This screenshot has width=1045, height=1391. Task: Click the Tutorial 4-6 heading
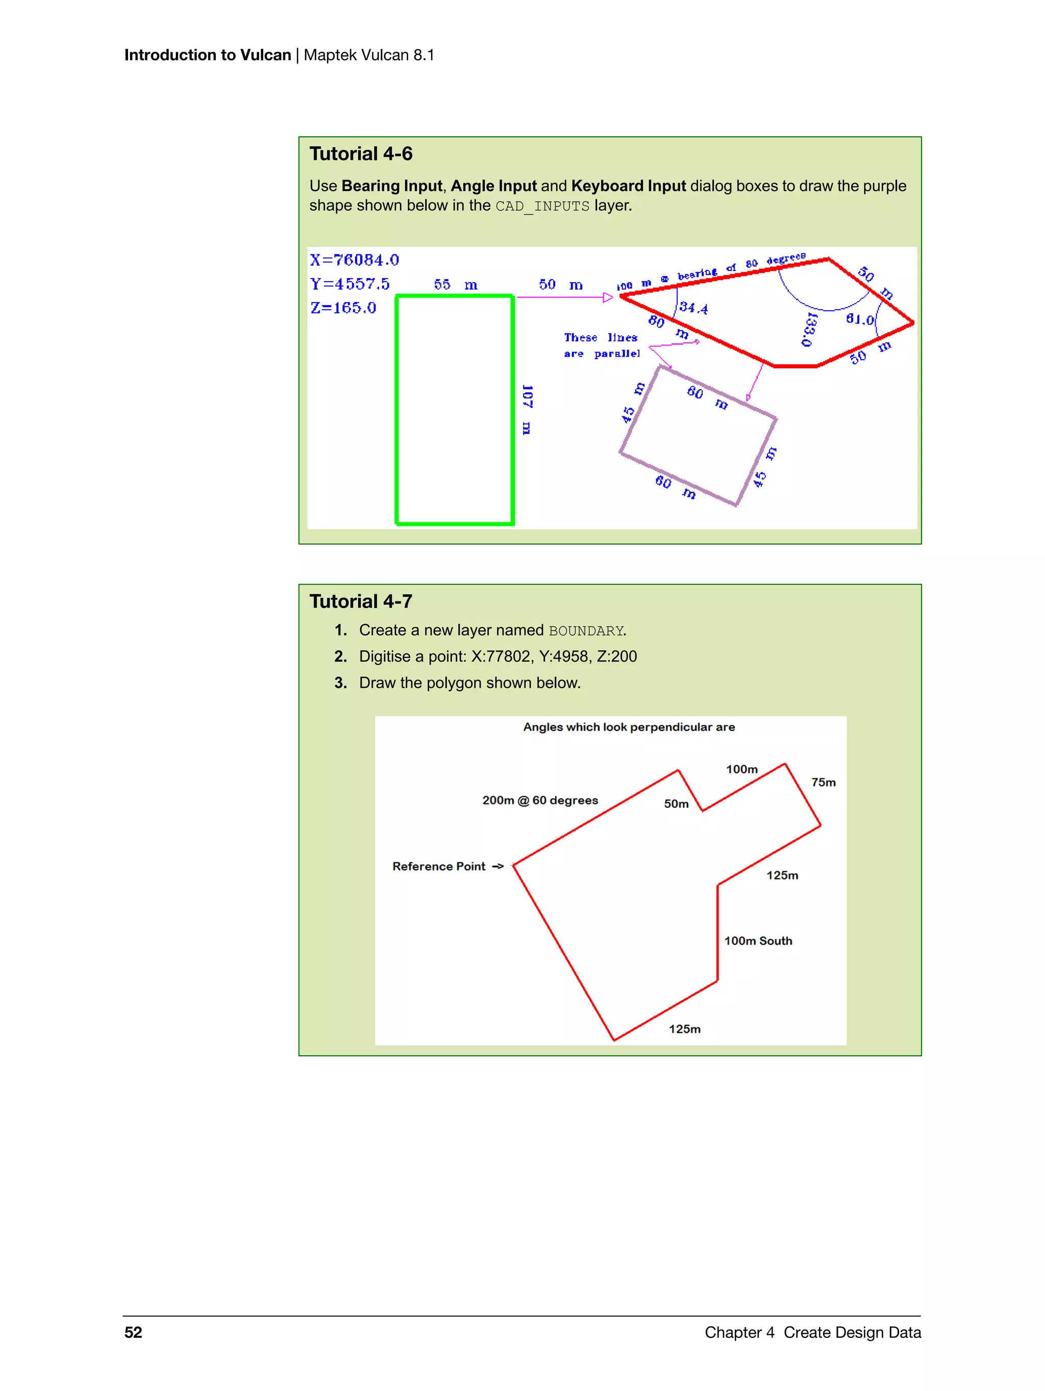coord(361,154)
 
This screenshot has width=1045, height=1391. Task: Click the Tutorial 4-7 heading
coord(361,601)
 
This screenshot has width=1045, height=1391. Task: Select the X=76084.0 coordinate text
coord(354,260)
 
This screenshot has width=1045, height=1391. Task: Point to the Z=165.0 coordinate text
coord(343,308)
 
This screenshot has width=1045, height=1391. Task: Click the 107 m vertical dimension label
coord(527,410)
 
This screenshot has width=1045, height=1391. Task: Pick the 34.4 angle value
coord(693,308)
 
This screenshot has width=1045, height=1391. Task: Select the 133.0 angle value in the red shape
coord(809,328)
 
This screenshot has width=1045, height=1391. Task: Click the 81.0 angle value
coord(859,319)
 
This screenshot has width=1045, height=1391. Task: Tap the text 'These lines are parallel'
coord(601,345)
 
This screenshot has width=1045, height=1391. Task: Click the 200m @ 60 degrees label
coord(540,800)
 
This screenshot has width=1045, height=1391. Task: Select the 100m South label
coord(758,941)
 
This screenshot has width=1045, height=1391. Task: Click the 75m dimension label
coord(823,782)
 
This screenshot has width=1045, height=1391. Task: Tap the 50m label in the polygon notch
coord(676,804)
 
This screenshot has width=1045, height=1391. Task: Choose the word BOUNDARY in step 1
coord(586,631)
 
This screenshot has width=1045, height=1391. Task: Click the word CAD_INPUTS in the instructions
coord(542,206)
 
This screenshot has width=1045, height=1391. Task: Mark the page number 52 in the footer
coord(133,1332)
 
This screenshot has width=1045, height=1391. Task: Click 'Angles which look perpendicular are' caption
coord(629,727)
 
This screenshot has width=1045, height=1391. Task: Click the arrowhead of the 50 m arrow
coord(608,297)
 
